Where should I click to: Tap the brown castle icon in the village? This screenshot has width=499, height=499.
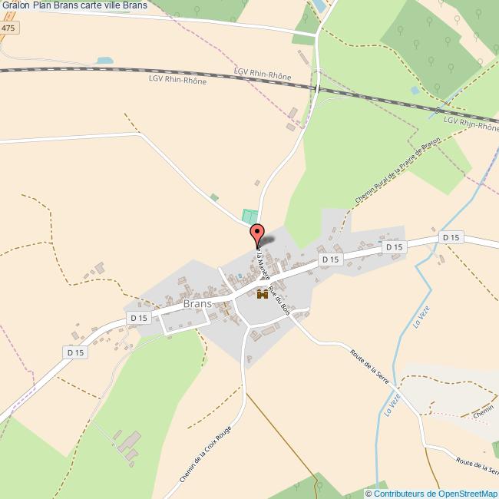[x=262, y=293]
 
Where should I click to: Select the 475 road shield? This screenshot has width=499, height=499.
[x=8, y=28]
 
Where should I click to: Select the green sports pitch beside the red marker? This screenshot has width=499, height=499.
[x=249, y=217]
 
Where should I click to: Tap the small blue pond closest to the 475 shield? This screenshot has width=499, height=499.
[x=104, y=59]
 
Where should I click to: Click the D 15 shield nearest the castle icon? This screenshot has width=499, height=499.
[x=330, y=260]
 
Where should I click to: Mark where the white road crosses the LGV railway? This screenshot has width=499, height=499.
[x=316, y=88]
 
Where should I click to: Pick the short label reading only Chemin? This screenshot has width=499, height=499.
[x=484, y=412]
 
